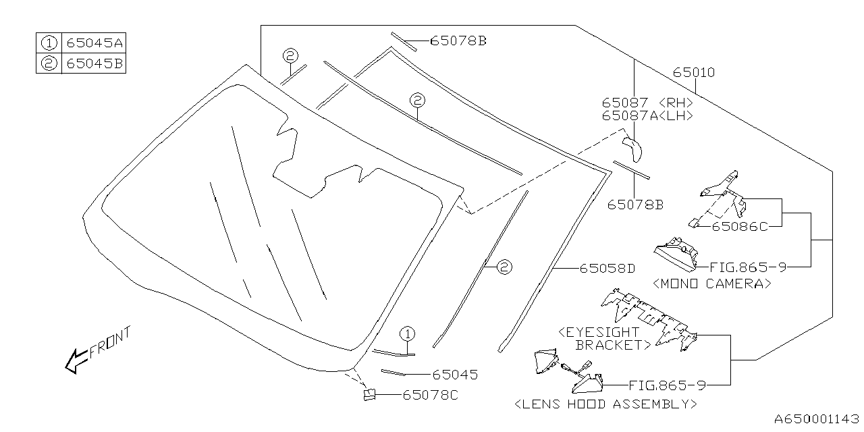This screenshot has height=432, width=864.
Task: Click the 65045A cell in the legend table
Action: tap(94, 43)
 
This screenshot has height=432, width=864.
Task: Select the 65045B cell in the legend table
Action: tap(94, 63)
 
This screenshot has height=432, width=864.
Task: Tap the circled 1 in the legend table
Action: tap(49, 43)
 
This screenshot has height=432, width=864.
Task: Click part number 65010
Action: tap(693, 72)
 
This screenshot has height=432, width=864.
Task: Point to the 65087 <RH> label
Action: tap(647, 103)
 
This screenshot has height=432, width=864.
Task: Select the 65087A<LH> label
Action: tap(647, 115)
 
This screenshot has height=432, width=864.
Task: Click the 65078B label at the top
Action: tap(458, 41)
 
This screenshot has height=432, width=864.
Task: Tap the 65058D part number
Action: tap(607, 268)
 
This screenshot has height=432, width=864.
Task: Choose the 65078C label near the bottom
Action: tap(430, 395)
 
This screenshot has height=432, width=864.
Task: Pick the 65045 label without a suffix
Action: tap(454, 374)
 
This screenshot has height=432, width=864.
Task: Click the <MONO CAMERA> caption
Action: tap(711, 283)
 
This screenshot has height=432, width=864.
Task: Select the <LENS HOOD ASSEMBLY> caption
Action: tap(605, 404)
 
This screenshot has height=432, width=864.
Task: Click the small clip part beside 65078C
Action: tap(371, 394)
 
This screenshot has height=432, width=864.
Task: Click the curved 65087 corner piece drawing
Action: tap(631, 146)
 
